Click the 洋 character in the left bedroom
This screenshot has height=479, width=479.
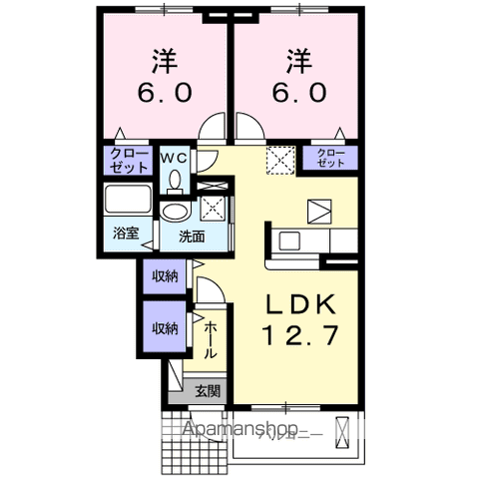coord(164,62)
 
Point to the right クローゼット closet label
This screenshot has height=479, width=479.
coord(329,155)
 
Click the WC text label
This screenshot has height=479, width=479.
coord(176,157)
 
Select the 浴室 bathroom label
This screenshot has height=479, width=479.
coord(126,234)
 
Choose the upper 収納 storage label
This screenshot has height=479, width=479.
coord(165,275)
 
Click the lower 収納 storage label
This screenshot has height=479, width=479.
coord(165,328)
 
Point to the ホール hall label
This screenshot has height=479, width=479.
coord(211,339)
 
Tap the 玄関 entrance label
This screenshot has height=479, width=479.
coord(208,390)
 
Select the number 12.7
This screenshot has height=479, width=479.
coord(296,336)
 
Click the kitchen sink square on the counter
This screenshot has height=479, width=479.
coord(288,239)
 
